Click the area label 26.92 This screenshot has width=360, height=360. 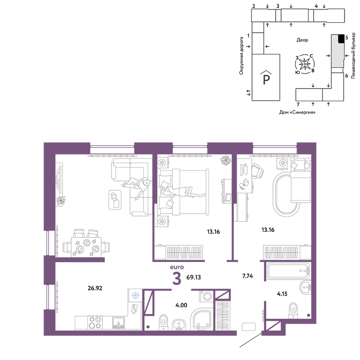(x=95, y=288)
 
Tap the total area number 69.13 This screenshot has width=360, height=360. (x=194, y=277)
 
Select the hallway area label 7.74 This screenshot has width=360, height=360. (x=248, y=276)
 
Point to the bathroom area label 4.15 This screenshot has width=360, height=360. (x=282, y=294)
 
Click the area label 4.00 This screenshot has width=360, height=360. (x=181, y=305)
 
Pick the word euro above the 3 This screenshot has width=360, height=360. (x=177, y=267)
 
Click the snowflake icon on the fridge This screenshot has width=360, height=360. (x=135, y=295)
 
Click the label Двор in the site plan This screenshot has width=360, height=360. (x=302, y=40)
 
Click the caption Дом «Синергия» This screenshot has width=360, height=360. (x=297, y=112)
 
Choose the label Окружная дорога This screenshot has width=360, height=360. (x=241, y=56)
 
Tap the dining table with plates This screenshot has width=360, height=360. (x=86, y=247)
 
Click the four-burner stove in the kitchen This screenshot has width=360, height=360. (x=95, y=322)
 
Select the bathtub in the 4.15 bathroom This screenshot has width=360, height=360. (x=288, y=271)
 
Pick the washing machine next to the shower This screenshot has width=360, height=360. (x=207, y=296)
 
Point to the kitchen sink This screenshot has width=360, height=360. (x=118, y=323)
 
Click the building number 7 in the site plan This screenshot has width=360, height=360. (x=298, y=105)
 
